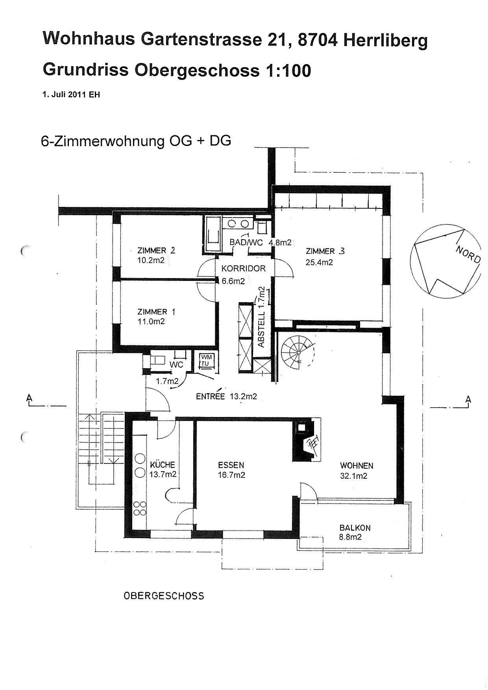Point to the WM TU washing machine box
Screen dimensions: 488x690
tap(206, 360)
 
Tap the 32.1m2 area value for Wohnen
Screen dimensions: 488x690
tap(354, 476)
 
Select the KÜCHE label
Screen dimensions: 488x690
tap(163, 465)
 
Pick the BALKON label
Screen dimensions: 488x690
tap(355, 528)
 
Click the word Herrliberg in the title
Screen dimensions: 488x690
tap(385, 41)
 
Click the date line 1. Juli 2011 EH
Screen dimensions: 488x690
tap(71, 95)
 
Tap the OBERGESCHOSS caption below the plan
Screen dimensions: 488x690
tap(164, 596)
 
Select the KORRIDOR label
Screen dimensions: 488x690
tap(244, 269)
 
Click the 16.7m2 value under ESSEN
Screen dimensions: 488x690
tap(231, 475)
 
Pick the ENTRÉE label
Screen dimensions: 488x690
tap(211, 396)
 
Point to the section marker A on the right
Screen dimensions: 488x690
tap(468, 400)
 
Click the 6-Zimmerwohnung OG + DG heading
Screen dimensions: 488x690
tap(136, 141)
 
